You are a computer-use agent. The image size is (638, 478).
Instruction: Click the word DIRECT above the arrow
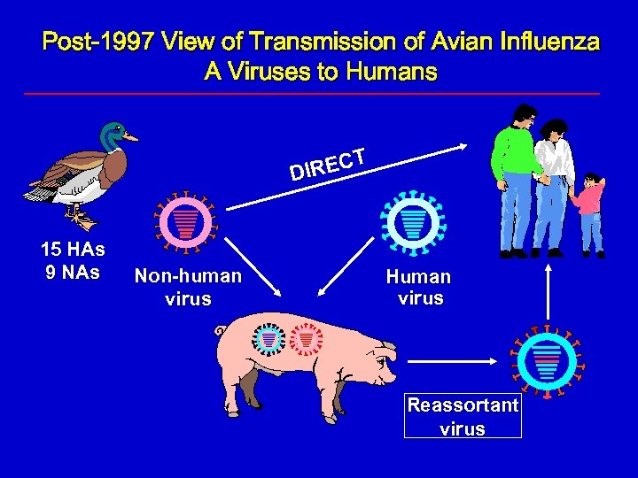point(329,163)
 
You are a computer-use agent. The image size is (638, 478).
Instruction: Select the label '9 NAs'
point(73,272)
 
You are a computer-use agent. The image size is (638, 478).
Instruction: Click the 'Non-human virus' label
point(188,287)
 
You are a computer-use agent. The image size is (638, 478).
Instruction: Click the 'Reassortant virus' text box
point(463,417)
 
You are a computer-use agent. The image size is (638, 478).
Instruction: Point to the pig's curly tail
point(221,332)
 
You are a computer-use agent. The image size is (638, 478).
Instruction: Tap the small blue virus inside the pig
point(268,340)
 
